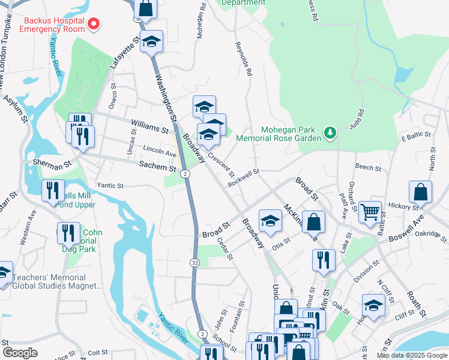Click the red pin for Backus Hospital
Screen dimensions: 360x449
tap(94, 24)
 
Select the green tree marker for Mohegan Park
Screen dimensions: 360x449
tap(330, 131)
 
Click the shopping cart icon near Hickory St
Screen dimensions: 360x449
tap(370, 211)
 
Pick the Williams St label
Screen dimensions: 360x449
tap(149, 126)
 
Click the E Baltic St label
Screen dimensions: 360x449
tap(416, 139)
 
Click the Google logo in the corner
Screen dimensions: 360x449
tap(20, 353)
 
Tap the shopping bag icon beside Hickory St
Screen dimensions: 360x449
tap(420, 192)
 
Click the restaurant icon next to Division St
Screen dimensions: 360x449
tap(323, 260)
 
